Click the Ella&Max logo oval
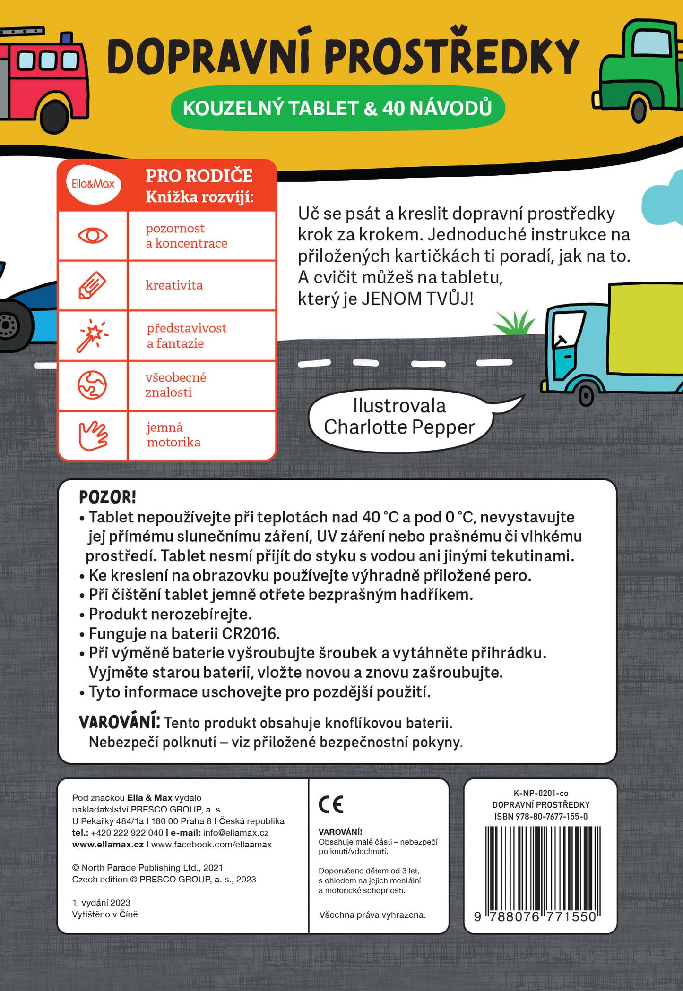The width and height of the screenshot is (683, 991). click(x=93, y=184)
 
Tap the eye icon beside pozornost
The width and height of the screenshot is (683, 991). click(x=93, y=235)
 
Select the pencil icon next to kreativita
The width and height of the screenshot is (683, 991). click(x=92, y=285)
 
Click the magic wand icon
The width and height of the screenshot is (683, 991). click(x=92, y=335)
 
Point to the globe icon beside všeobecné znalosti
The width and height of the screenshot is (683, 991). click(x=92, y=385)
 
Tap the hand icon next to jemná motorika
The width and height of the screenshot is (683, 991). click(x=93, y=435)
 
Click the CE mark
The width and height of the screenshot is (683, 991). click(x=331, y=804)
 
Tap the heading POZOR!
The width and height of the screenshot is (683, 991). click(x=107, y=497)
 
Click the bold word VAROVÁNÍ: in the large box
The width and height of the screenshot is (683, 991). click(x=119, y=722)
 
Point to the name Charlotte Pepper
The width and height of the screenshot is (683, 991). click(x=399, y=427)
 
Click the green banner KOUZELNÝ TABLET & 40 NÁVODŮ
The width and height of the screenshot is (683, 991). click(x=337, y=108)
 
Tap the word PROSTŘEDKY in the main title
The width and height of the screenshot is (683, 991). click(x=452, y=57)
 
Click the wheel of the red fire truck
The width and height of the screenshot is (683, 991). click(x=54, y=116)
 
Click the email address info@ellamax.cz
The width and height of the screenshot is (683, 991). click(x=236, y=833)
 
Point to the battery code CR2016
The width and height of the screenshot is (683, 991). click(x=251, y=633)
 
